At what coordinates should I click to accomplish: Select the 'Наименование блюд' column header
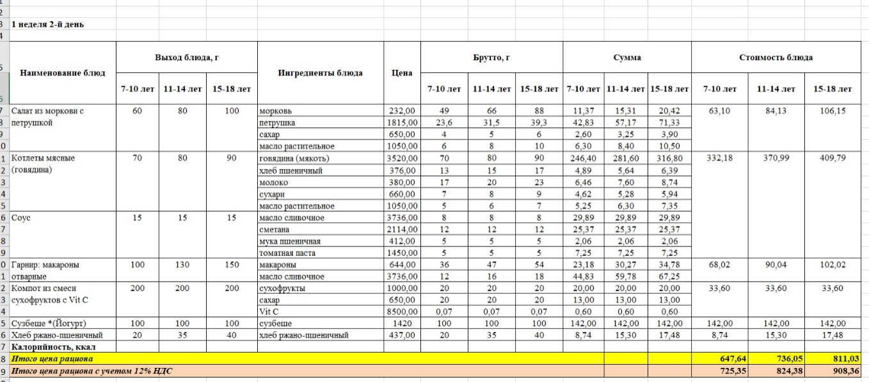point(63,73)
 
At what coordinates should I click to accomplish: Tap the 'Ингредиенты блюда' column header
point(320,73)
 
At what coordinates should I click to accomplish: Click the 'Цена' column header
point(401,73)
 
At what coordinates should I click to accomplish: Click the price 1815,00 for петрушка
point(402,122)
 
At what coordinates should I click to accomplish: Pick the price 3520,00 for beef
point(402,158)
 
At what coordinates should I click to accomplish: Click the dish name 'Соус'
point(21,218)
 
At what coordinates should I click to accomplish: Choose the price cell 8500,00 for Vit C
point(402,312)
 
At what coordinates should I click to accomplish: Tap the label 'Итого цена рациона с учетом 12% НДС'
point(93,370)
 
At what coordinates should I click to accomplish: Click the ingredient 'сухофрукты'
point(282,288)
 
